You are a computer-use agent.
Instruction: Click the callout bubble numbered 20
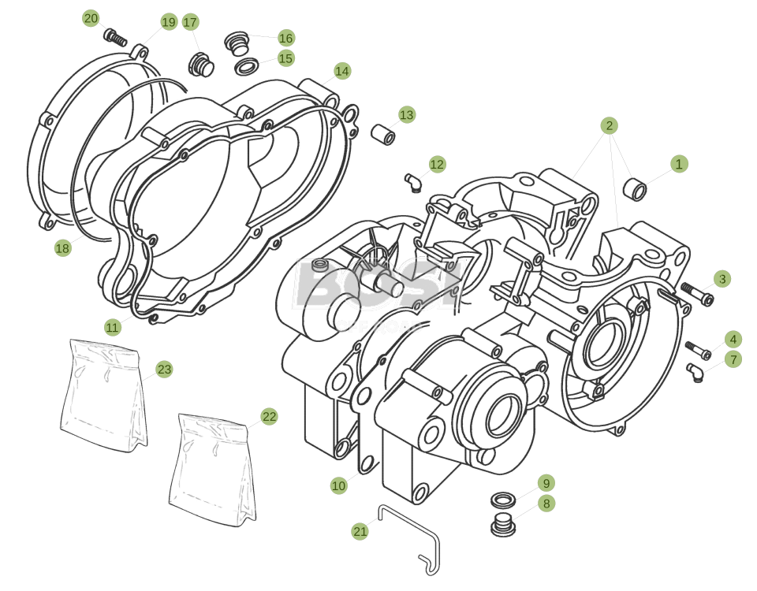91,18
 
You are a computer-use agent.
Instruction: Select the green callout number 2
608,125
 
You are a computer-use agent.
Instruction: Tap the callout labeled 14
341,71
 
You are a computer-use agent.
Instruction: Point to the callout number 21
360,531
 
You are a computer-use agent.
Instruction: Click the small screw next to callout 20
115,36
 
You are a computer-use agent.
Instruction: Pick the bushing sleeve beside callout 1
635,189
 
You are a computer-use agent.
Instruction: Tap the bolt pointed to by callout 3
697,294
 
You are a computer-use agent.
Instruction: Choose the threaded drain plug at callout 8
502,525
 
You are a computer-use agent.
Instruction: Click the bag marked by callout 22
214,470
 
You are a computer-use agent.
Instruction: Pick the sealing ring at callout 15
247,65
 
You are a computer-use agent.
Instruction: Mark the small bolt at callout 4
697,350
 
